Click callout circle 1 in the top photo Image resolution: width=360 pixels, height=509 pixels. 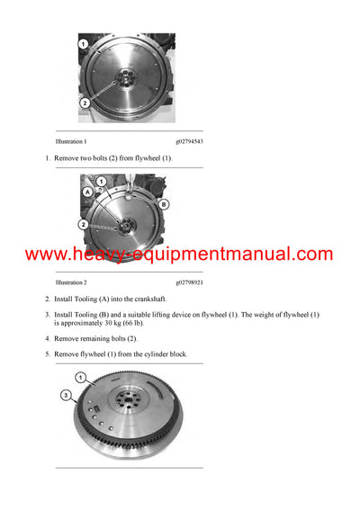(x=83, y=44)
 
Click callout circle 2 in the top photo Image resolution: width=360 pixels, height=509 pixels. (x=84, y=103)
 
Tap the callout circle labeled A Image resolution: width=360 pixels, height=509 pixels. (x=87, y=192)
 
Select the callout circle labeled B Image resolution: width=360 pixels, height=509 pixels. (x=164, y=204)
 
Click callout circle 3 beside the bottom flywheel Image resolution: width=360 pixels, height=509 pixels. (x=65, y=394)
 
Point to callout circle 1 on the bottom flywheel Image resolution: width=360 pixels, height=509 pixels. (x=81, y=377)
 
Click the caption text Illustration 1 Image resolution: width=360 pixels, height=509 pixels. (x=71, y=142)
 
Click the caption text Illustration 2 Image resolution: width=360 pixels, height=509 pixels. (x=71, y=282)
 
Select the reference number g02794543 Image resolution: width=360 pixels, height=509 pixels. (x=189, y=142)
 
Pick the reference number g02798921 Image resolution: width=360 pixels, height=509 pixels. (x=189, y=282)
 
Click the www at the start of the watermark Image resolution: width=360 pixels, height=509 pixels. (x=45, y=254)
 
